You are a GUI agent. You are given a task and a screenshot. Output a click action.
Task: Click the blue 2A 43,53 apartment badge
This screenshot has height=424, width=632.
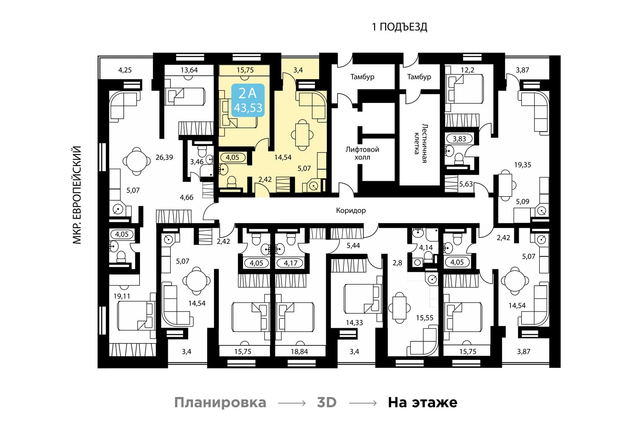tap(248, 100)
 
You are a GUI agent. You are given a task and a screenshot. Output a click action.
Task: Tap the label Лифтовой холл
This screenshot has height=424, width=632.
tap(362, 153)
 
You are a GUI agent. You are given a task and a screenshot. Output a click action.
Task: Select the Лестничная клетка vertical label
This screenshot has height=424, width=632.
tap(420, 143)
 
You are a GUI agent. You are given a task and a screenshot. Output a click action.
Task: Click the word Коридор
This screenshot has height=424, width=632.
tap(351, 210)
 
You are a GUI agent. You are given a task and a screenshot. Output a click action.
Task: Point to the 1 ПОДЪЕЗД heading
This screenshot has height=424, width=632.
tap(399, 27)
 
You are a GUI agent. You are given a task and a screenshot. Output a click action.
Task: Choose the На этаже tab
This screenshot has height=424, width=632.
tap(422, 402)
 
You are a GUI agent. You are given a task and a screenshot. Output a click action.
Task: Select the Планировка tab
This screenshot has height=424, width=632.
tap(220, 402)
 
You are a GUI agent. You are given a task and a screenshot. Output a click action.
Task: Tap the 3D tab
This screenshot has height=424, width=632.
tap(327, 402)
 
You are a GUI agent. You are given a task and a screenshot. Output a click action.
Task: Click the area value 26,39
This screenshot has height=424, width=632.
tap(164, 157)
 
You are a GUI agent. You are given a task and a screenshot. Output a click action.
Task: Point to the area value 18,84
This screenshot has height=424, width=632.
tap(299, 351)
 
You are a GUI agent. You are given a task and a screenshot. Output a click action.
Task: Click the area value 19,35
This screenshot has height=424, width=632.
tap(523, 165)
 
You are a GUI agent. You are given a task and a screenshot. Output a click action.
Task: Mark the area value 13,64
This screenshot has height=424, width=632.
tap(189, 70)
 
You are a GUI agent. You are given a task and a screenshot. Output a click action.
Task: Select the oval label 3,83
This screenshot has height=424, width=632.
tap(459, 139)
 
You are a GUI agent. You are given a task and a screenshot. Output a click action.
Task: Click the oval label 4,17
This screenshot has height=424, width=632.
tap(290, 263)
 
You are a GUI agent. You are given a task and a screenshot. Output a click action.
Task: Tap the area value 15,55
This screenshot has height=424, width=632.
tap(424, 318)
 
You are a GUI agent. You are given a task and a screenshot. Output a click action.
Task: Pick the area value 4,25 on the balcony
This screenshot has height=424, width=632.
tap(125, 70)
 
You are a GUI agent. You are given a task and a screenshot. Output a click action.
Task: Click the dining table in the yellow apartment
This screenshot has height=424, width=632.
tap(302, 134)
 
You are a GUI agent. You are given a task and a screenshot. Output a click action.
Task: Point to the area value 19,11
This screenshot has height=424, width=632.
tap(122, 296)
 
